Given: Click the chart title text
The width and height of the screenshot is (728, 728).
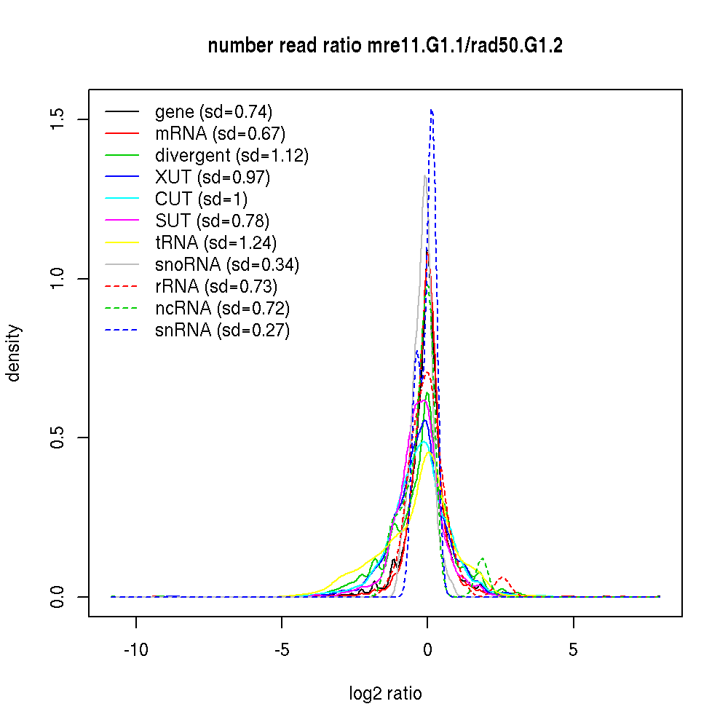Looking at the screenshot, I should [x=385, y=46].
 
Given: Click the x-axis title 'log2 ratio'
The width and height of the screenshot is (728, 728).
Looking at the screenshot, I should [x=385, y=693].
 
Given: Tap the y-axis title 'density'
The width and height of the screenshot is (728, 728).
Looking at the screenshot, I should [x=14, y=352].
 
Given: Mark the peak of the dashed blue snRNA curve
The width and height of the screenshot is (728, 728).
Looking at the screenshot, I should [x=432, y=110].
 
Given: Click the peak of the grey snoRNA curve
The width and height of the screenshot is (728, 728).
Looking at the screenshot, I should [x=425, y=175].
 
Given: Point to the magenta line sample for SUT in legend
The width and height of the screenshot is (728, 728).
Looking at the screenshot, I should [x=122, y=221].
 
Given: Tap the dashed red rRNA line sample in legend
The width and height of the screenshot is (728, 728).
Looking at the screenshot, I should [x=122, y=287].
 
